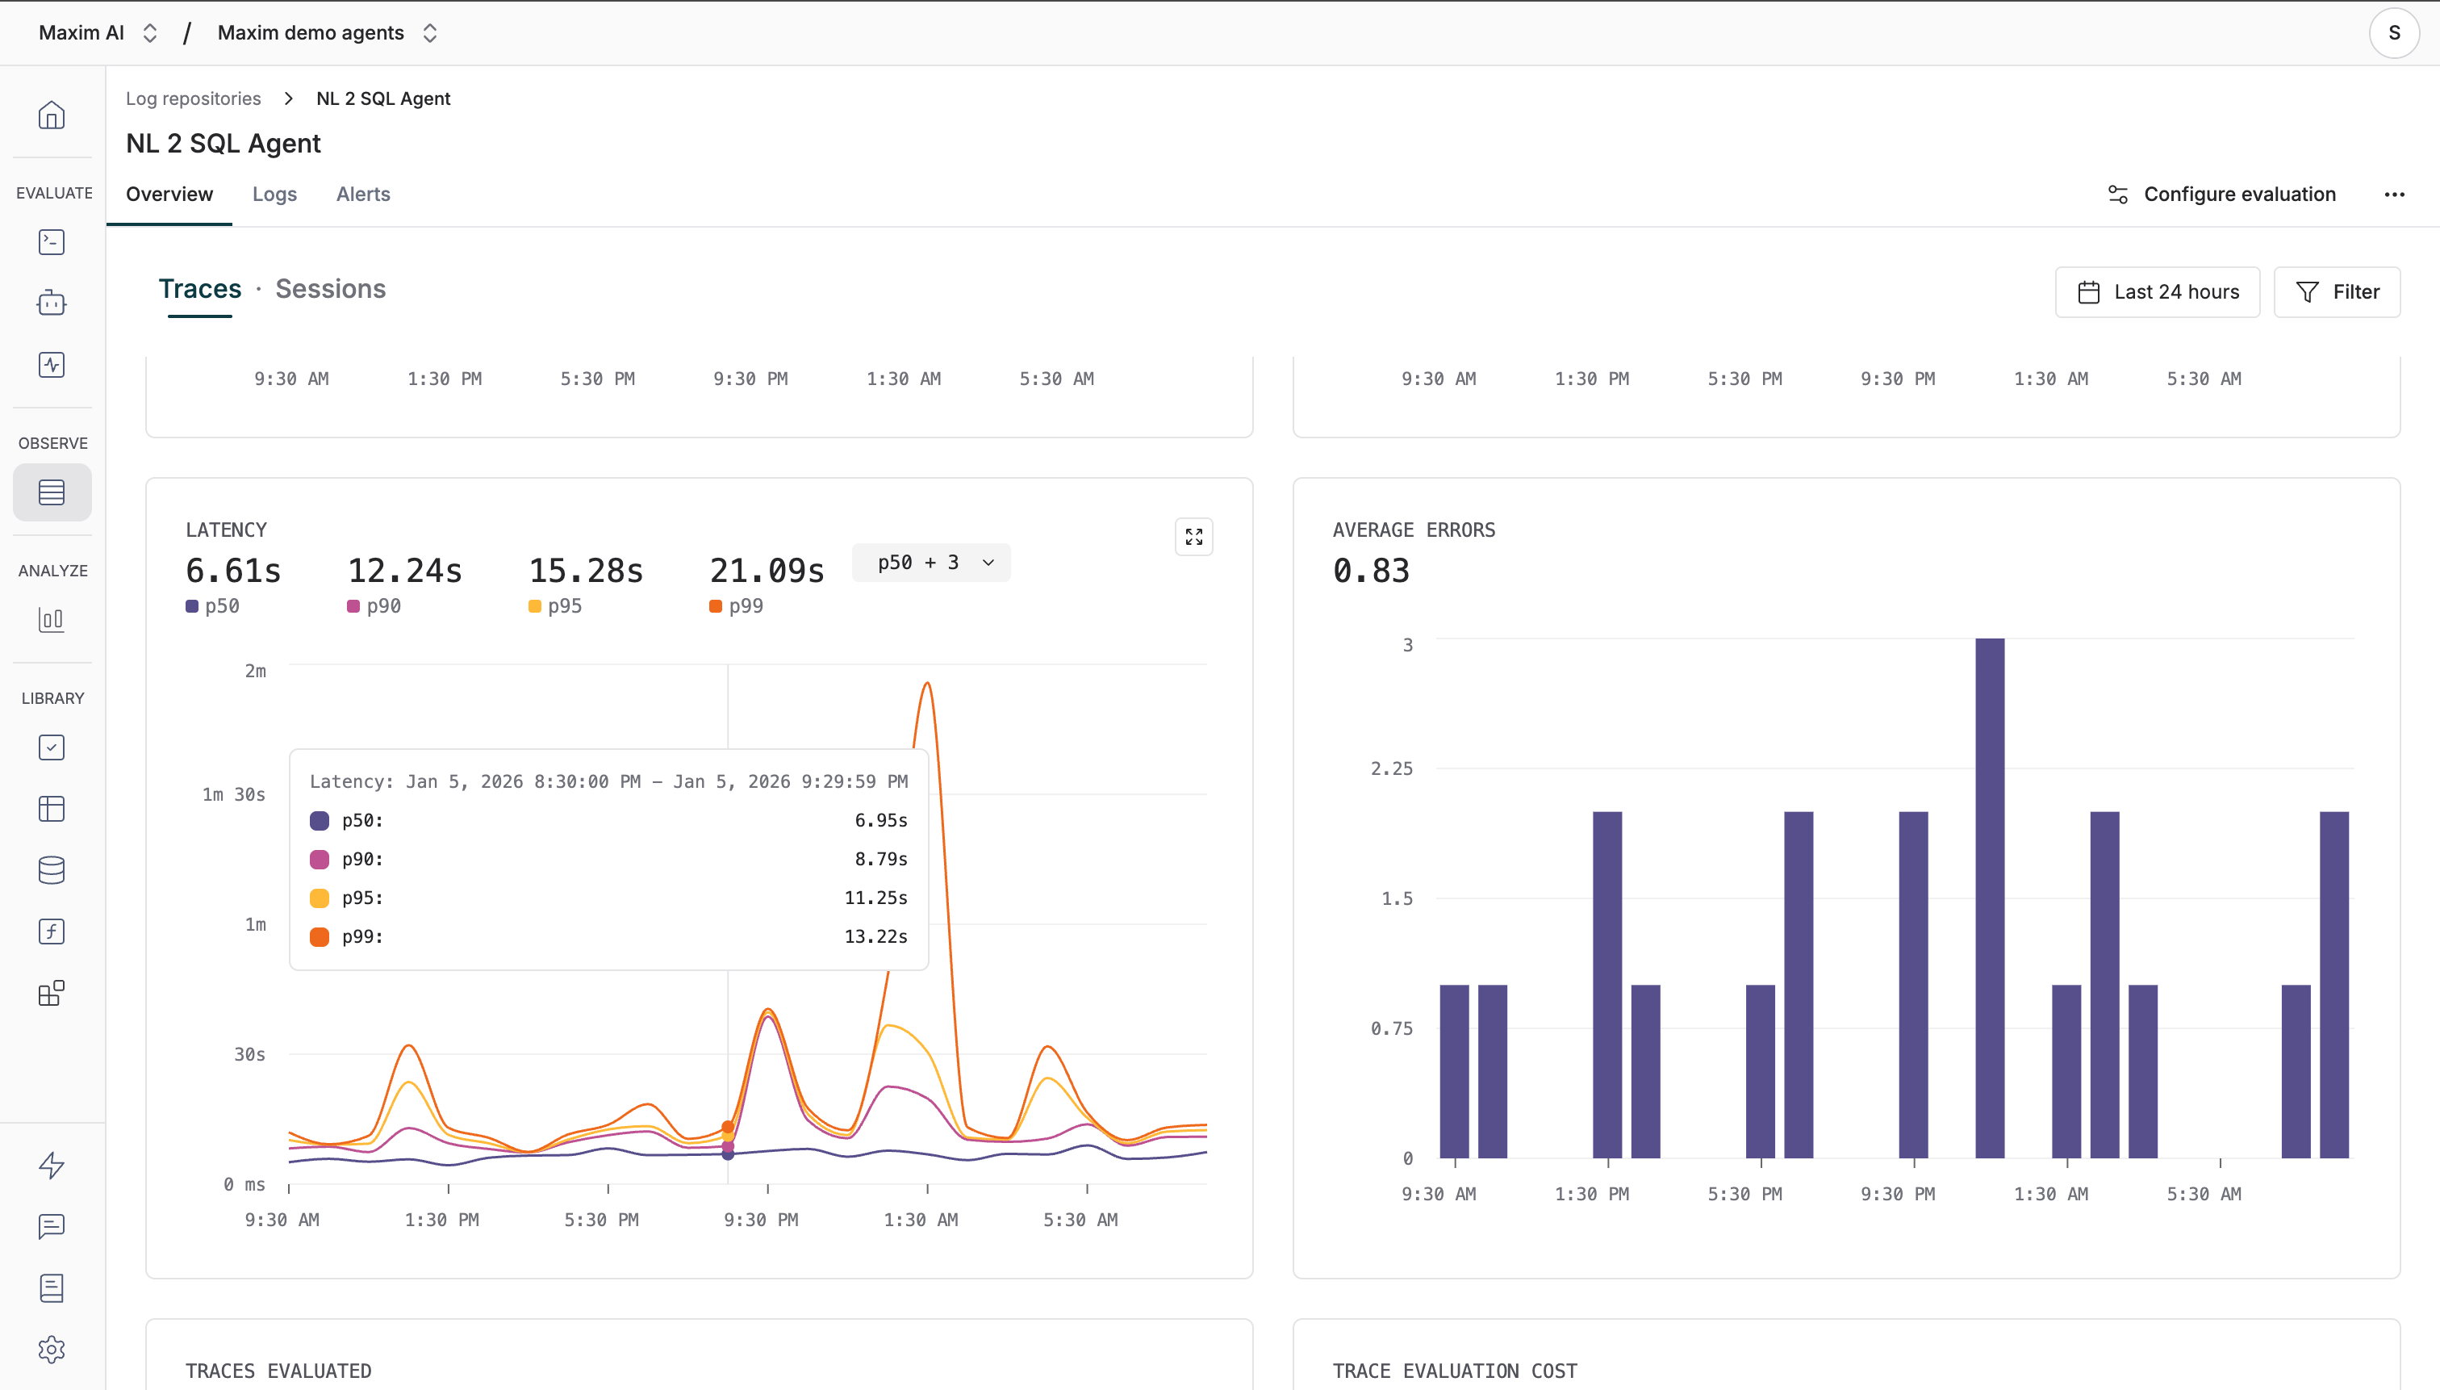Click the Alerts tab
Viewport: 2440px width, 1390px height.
tap(362, 194)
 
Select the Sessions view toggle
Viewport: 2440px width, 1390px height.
tap(330, 288)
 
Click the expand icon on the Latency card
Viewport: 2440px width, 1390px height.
tap(1193, 538)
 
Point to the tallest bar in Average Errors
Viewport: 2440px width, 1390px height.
tap(1990, 898)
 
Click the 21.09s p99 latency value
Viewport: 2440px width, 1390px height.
tap(767, 571)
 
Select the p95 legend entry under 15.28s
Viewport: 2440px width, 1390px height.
tap(555, 606)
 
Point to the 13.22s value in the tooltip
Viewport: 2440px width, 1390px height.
tap(875, 936)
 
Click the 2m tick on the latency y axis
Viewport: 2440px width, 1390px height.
tap(255, 671)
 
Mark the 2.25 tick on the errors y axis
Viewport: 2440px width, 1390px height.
tap(1391, 768)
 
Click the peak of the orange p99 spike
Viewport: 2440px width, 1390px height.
tap(926, 684)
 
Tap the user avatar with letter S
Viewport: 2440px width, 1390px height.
tap(2393, 32)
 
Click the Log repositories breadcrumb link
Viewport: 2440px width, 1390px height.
tap(194, 98)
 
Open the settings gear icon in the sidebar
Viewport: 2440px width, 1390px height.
tap(52, 1349)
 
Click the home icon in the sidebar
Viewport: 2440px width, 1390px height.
tap(52, 115)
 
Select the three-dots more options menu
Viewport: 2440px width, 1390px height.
tap(2393, 195)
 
